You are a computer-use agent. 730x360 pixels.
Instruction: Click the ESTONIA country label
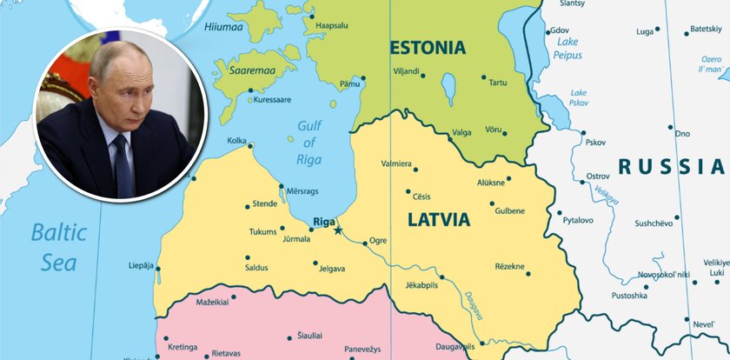428,47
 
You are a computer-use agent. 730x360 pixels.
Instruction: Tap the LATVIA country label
438,220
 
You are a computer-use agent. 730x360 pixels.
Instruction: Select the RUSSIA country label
670,167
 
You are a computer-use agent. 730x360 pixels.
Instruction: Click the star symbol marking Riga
338,230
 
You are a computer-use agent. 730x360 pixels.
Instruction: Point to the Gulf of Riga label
309,142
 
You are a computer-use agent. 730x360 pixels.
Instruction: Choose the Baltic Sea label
59,247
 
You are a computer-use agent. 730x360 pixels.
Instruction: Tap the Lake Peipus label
567,48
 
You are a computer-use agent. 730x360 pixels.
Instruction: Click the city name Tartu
497,83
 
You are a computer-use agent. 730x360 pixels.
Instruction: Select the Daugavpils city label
455,346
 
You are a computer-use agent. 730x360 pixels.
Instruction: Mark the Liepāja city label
141,264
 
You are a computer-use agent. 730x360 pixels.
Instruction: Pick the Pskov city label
595,142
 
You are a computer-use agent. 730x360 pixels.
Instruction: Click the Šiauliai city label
310,335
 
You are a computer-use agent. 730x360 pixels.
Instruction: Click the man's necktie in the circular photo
123,165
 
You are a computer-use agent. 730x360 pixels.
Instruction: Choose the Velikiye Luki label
716,267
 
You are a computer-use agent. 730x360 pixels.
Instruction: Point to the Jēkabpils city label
421,284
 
